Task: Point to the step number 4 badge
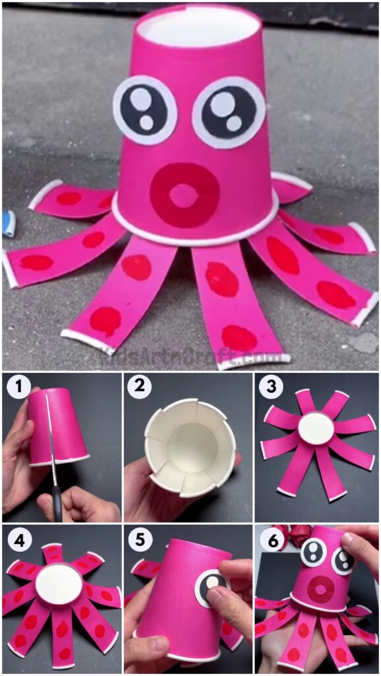pos(19,541)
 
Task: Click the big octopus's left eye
pos(144,110)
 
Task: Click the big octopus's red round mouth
pos(184,195)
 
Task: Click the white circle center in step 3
pos(316,429)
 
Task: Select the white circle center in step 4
pos(59,585)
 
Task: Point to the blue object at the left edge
pos(8,222)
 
